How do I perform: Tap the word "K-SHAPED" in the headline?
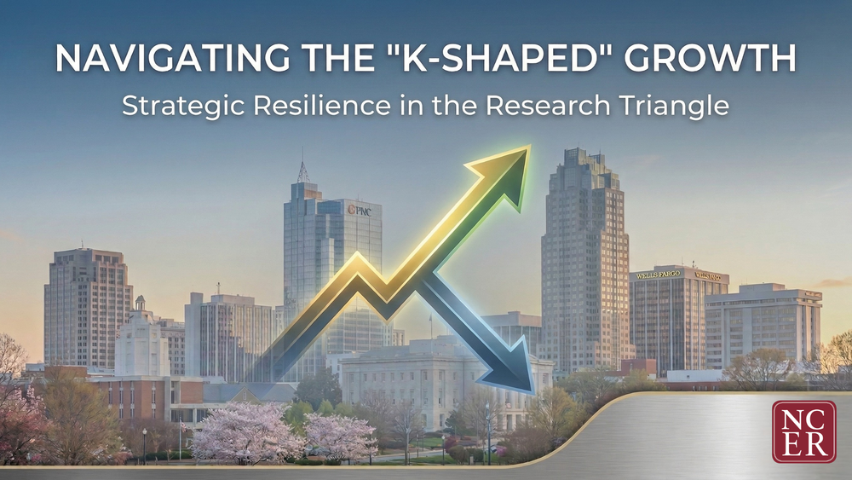coord(482,58)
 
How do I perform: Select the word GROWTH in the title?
coord(710,58)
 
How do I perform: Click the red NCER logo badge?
coord(803,431)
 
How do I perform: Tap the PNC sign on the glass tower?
coord(360,210)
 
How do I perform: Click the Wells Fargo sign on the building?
coord(658,275)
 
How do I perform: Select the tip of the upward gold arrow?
coord(530,147)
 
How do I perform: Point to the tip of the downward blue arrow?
coord(532,391)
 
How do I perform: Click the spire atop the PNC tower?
coord(303,166)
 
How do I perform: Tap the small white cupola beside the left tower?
coord(141,304)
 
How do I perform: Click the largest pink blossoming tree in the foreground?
coord(245,432)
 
